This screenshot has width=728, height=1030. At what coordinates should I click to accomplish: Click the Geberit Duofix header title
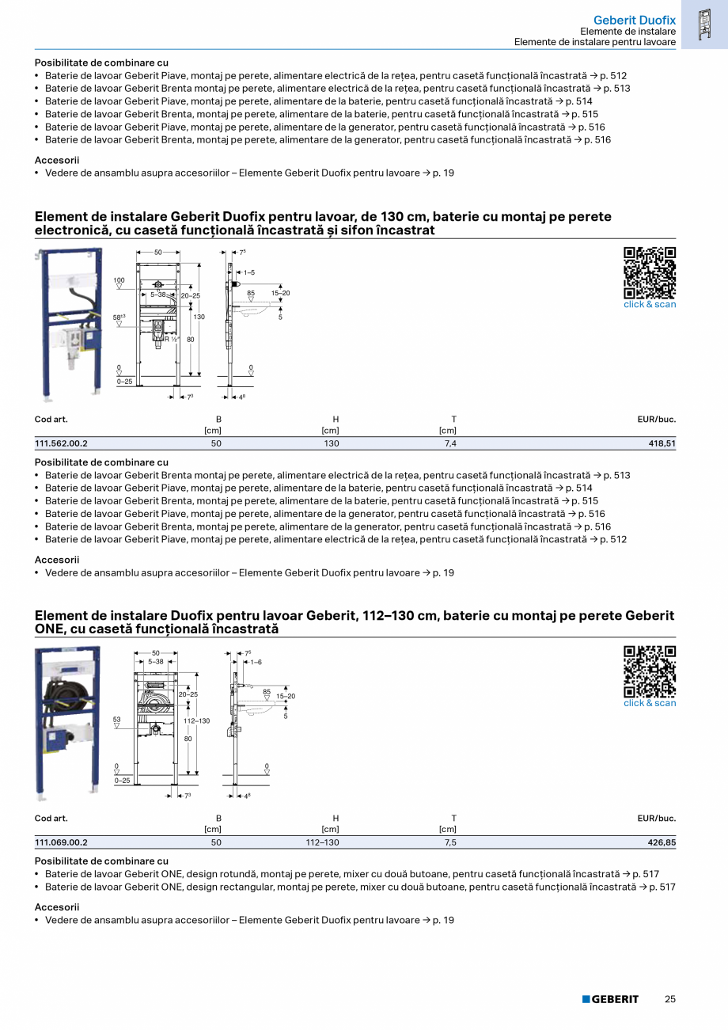[634, 19]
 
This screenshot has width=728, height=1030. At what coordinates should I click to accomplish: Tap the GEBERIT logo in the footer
[610, 999]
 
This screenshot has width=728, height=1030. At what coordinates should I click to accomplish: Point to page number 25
[669, 999]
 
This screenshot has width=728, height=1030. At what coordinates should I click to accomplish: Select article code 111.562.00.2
[62, 443]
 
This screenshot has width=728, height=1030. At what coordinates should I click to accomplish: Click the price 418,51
[662, 443]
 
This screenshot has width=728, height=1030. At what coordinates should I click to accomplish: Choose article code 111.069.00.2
[62, 842]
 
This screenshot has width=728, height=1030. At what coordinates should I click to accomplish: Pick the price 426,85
[662, 842]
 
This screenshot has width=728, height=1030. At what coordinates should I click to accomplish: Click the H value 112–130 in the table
[322, 842]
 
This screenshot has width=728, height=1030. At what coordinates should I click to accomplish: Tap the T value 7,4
[450, 443]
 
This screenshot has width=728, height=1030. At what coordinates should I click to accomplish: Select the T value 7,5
[450, 842]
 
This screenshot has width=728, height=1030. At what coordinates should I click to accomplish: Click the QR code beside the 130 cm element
[650, 272]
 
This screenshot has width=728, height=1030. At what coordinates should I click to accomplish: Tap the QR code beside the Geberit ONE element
[650, 671]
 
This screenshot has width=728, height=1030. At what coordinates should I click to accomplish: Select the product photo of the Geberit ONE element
[68, 722]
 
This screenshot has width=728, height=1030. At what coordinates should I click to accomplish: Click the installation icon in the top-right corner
[704, 25]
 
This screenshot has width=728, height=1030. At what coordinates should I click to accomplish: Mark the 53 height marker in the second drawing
[116, 720]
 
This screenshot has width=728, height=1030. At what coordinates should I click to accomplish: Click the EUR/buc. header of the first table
[656, 419]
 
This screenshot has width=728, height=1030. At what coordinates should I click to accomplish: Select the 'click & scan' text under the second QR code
[650, 703]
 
